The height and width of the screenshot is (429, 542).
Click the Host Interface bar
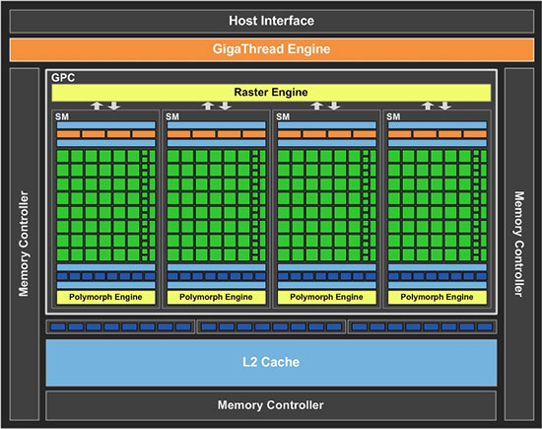click(272, 21)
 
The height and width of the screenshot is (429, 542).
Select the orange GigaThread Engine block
click(272, 49)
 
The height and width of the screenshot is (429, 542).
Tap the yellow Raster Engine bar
click(271, 93)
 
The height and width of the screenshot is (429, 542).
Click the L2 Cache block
click(271, 363)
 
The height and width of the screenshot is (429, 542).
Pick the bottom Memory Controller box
click(271, 405)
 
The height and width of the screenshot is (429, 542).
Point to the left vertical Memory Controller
click(25, 244)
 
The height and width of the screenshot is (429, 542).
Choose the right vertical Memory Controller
click(519, 244)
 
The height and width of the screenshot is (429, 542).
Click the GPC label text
click(63, 78)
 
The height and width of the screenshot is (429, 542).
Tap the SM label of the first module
click(62, 116)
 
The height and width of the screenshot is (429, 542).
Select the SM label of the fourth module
click(393, 116)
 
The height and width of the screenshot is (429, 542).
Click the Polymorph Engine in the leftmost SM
click(105, 297)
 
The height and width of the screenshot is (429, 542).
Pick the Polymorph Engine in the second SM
click(217, 297)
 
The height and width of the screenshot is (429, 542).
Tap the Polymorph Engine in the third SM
click(326, 297)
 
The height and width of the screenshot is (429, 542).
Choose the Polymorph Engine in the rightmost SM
click(438, 297)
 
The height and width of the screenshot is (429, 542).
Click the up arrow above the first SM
click(97, 106)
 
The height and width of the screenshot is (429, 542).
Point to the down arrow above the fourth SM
click(445, 106)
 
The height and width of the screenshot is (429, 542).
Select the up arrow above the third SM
click(316, 106)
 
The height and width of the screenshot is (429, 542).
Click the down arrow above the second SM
click(225, 106)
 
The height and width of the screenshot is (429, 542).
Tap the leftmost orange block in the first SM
click(68, 134)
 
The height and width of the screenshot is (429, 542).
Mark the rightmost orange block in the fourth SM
click(475, 134)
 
